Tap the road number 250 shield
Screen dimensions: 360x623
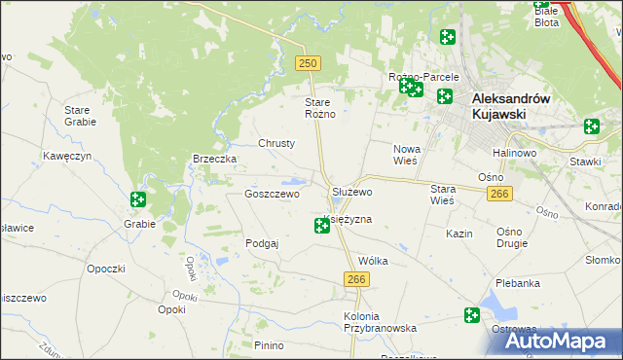coord(308,63)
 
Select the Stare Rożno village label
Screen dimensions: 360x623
coord(320,108)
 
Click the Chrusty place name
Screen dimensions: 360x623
coord(276,143)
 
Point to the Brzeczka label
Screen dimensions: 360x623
coord(215,159)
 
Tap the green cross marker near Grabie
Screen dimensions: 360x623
coord(138,199)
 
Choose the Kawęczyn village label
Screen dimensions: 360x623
coord(67,156)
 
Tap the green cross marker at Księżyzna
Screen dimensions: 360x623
coord(322,226)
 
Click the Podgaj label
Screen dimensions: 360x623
coord(263,243)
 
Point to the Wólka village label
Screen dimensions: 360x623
coord(373,261)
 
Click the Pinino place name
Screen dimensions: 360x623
coord(269,345)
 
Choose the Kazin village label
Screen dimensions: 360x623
coord(459,234)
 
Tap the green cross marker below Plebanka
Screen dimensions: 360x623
coord(472,315)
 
